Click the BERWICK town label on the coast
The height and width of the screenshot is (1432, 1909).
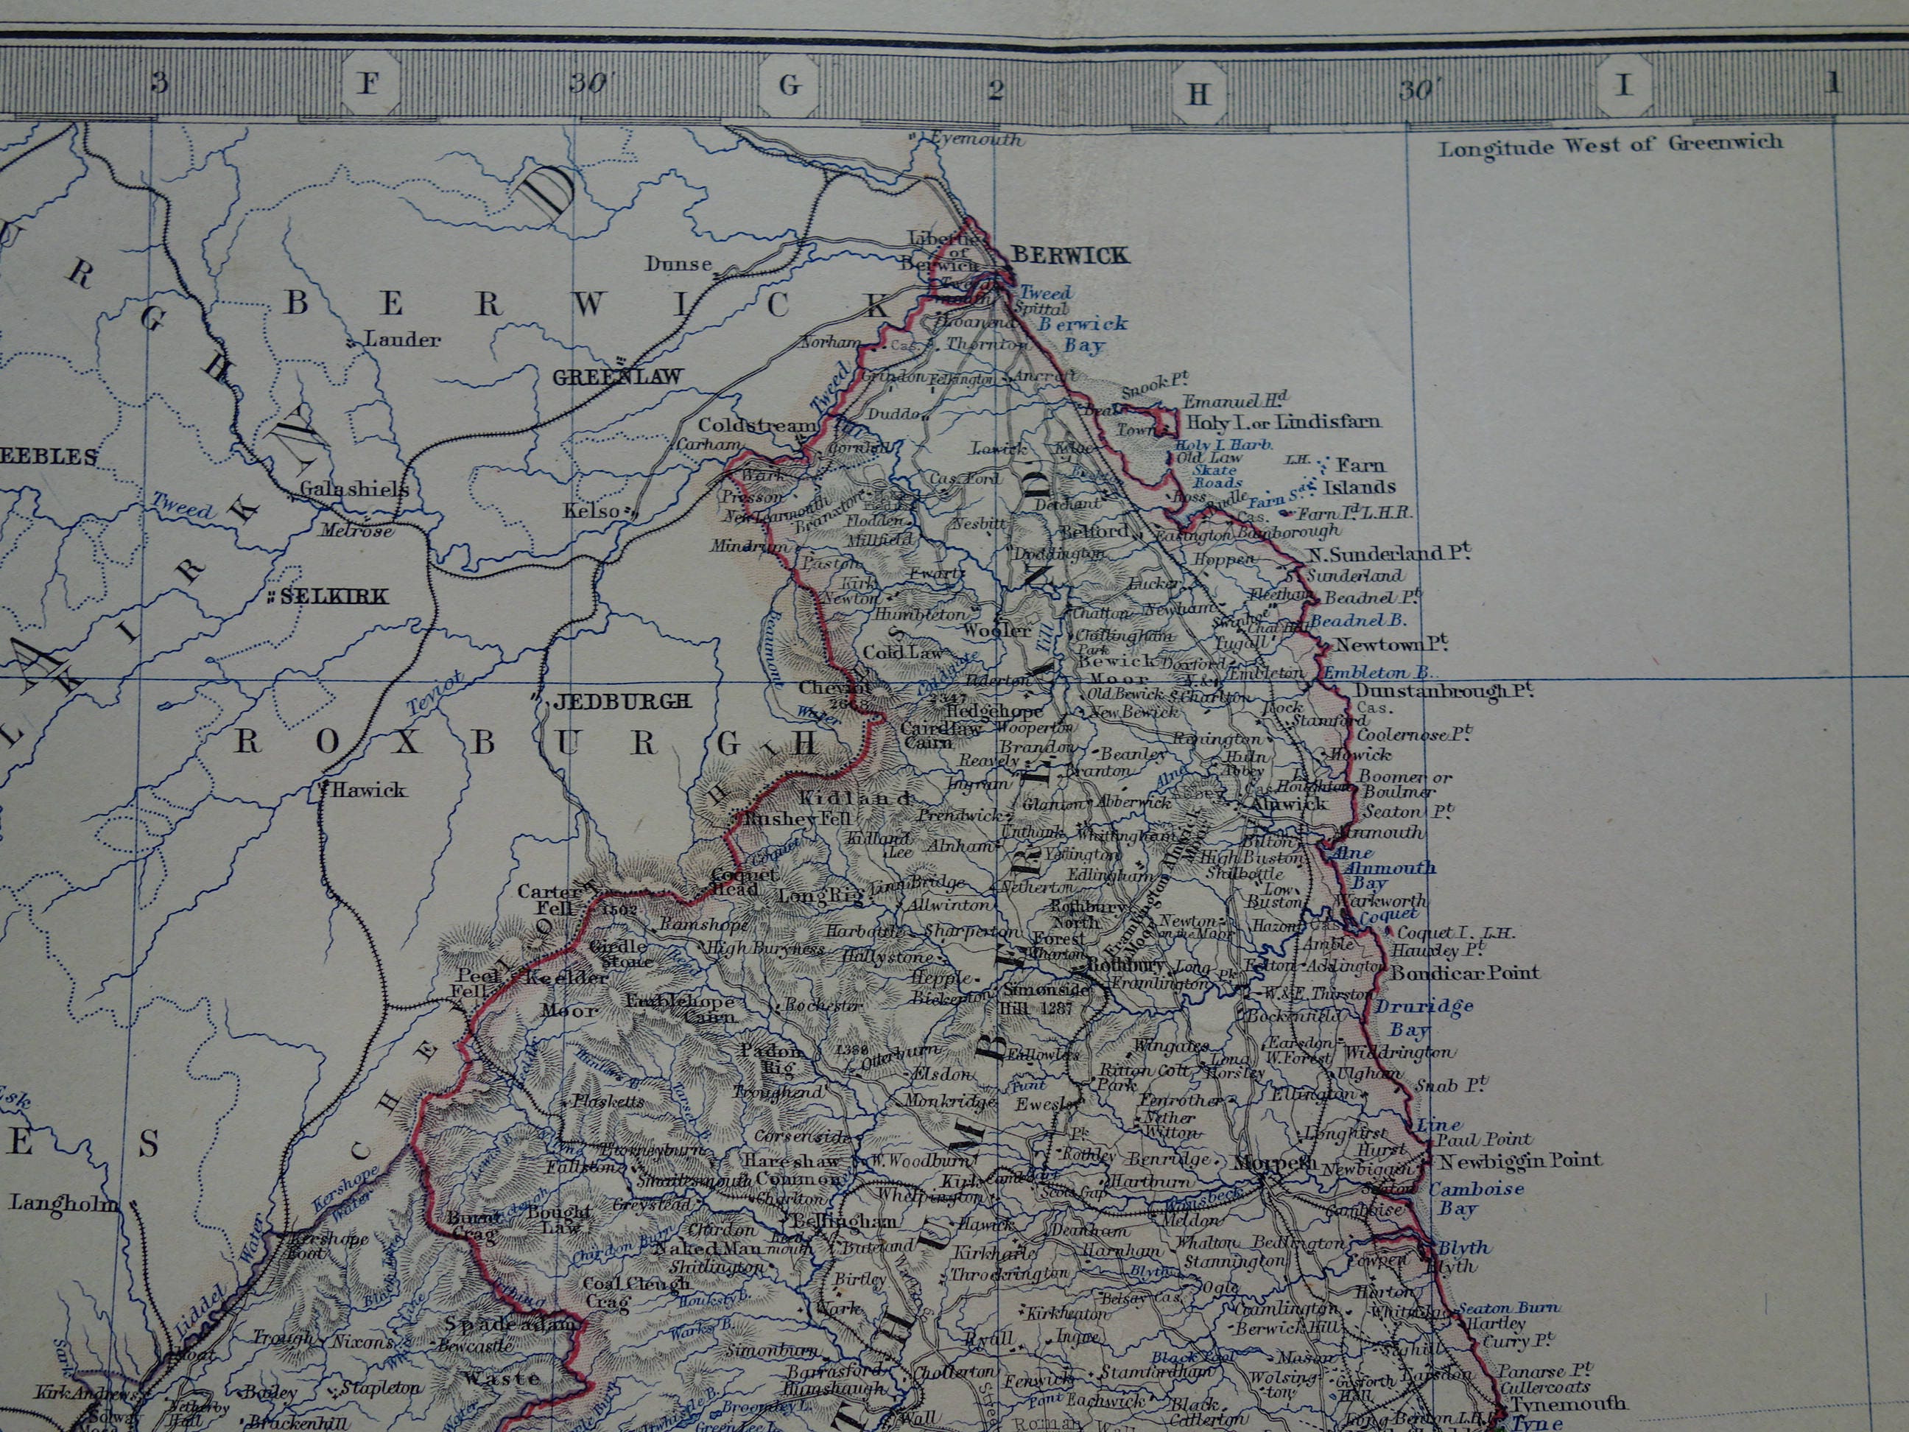coord(1069,255)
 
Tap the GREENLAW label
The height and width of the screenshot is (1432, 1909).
coord(617,377)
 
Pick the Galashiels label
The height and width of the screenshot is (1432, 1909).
coord(354,489)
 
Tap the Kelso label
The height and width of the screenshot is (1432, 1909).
coord(591,511)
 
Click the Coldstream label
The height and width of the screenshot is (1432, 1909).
coord(757,426)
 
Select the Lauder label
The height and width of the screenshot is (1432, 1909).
coord(401,340)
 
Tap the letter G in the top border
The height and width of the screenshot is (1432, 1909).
coord(789,85)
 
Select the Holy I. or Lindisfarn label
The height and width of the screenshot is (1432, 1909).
coord(1283,422)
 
